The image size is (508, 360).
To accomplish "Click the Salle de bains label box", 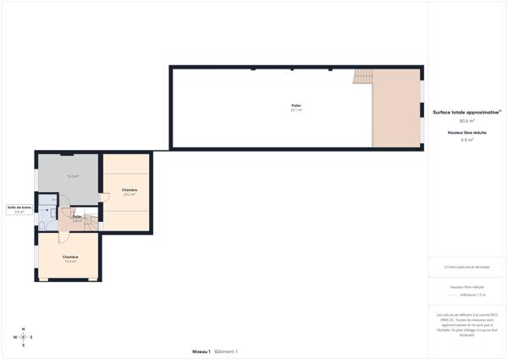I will point(19,208).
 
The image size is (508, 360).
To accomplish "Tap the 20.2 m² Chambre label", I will point(129,192).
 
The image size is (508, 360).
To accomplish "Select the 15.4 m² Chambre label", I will point(70,258).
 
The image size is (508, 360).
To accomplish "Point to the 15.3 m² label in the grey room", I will point(73,176).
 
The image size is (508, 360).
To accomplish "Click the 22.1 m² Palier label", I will point(296,108).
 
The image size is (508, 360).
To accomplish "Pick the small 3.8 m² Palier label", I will point(77,219).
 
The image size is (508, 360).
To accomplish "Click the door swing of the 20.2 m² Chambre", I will point(104,197).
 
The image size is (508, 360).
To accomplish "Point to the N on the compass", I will point(23,329).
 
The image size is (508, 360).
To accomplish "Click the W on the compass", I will point(14,337).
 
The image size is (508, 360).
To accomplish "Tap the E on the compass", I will point(32,337).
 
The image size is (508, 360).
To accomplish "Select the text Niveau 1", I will point(201,351).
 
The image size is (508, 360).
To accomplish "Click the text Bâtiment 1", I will point(226,351).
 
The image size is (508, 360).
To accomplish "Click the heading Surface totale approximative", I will point(467,112).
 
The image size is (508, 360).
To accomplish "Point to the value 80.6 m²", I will point(467,120).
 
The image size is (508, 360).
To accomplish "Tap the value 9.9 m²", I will point(467,140).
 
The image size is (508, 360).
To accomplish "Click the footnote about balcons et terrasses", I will point(467,267).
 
